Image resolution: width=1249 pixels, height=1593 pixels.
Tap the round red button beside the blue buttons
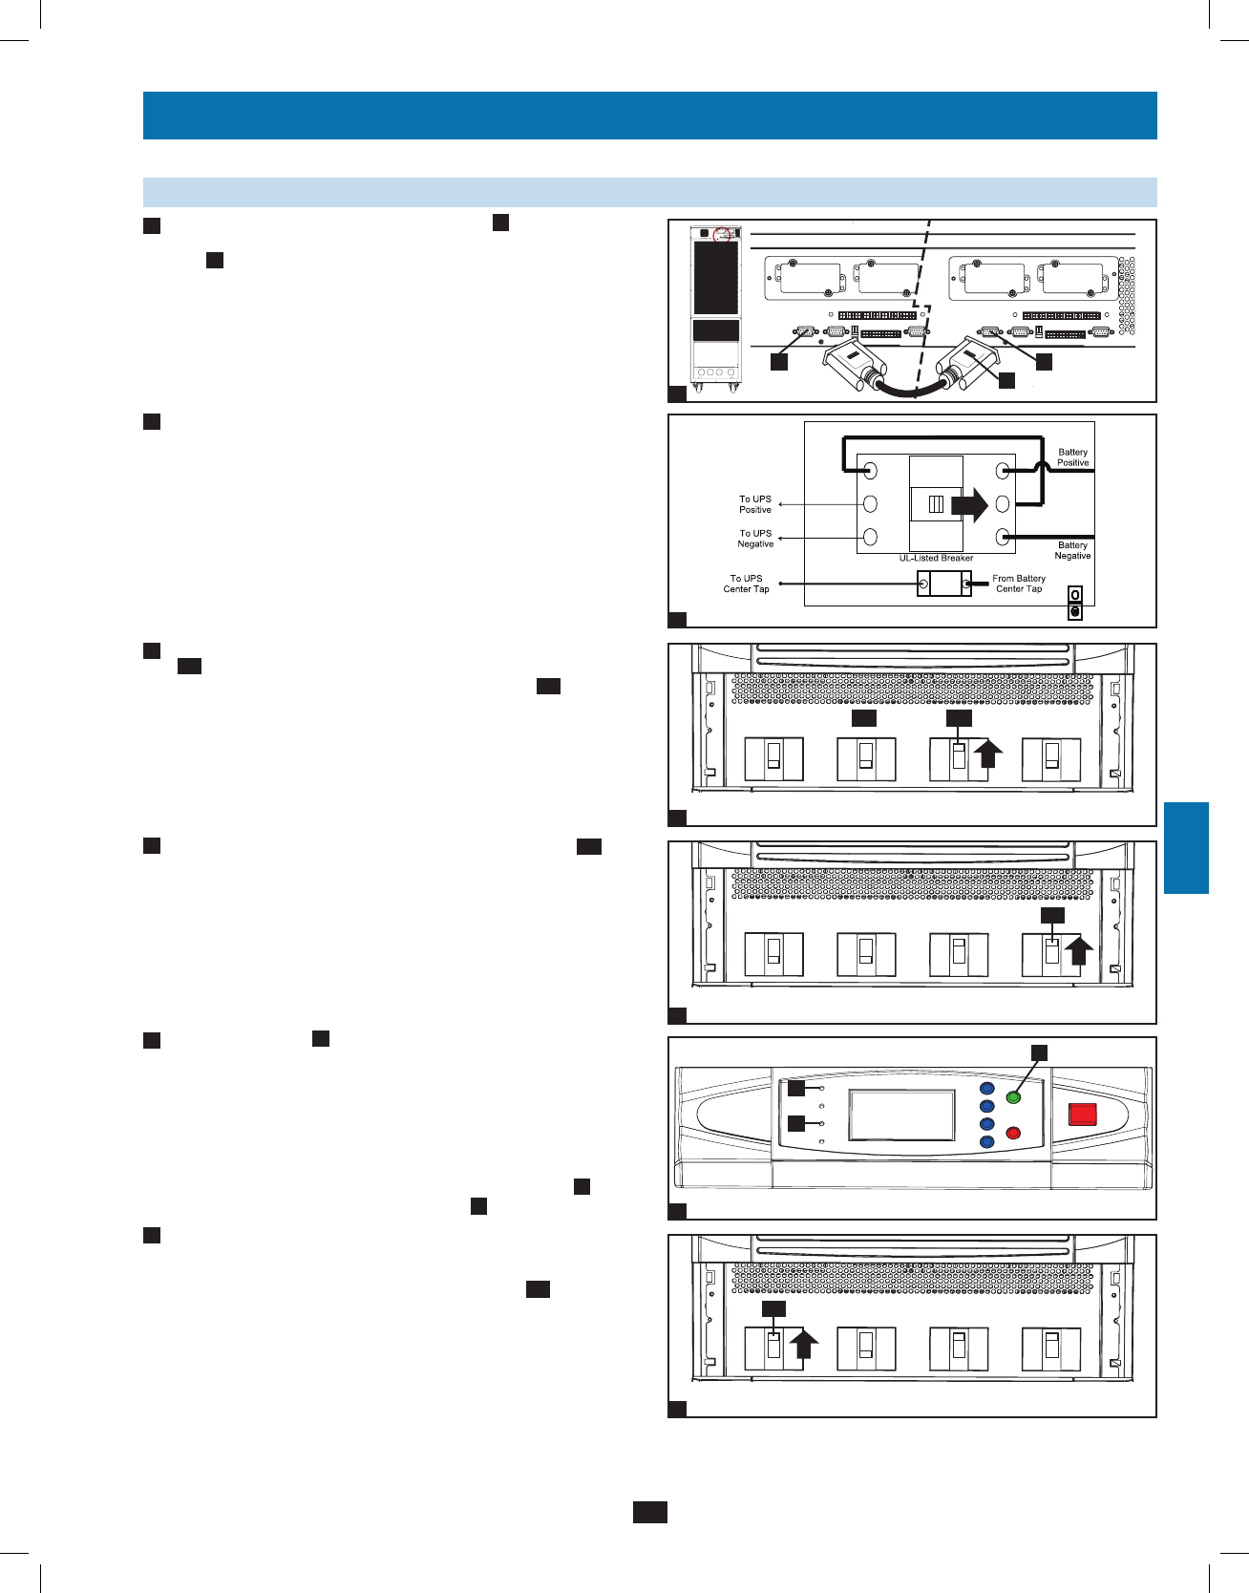pos(1014,1134)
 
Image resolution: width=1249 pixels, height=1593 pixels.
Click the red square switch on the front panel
pos(1082,1114)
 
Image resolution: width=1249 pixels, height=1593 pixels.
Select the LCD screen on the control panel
pos(901,1115)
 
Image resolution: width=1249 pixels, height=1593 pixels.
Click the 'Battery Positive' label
pos(1072,457)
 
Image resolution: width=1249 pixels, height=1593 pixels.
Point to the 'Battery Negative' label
pos(1072,550)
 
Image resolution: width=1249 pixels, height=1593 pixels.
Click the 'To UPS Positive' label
pos(754,504)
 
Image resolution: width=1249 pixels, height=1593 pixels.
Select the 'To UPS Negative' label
pos(754,539)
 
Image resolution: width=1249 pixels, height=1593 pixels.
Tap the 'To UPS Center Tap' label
pos(746,584)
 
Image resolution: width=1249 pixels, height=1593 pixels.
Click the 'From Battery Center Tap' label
pos(1019,584)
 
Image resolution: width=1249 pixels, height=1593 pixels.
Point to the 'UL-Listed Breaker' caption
pos(936,558)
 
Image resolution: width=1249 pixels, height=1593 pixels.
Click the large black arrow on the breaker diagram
pos(969,504)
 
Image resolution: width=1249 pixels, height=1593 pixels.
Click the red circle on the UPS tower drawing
pos(722,233)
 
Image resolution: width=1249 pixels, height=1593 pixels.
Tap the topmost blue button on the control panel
pos(987,1089)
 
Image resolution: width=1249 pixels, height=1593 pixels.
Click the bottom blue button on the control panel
pos(987,1142)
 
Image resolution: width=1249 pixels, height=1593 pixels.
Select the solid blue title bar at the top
pos(649,116)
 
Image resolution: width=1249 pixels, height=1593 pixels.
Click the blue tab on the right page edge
pos(1186,848)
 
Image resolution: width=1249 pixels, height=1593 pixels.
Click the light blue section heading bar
pos(649,192)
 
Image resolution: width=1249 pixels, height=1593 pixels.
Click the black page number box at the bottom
pos(649,1512)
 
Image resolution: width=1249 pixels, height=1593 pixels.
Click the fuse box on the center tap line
pos(943,584)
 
